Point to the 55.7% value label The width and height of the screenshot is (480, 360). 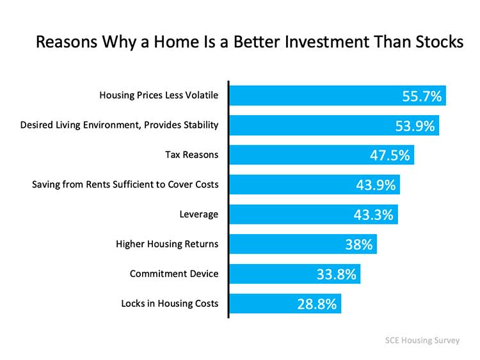[x=422, y=97]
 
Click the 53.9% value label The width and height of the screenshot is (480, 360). [x=415, y=126]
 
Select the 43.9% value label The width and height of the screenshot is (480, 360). [x=376, y=185]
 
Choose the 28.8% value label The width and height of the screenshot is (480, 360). [x=317, y=304]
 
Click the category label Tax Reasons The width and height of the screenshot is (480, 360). [x=191, y=155]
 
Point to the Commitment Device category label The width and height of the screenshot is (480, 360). [x=174, y=274]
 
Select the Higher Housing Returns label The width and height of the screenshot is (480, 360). [x=167, y=244]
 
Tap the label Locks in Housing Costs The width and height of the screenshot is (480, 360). [x=170, y=304]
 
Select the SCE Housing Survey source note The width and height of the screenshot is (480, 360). [x=422, y=340]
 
